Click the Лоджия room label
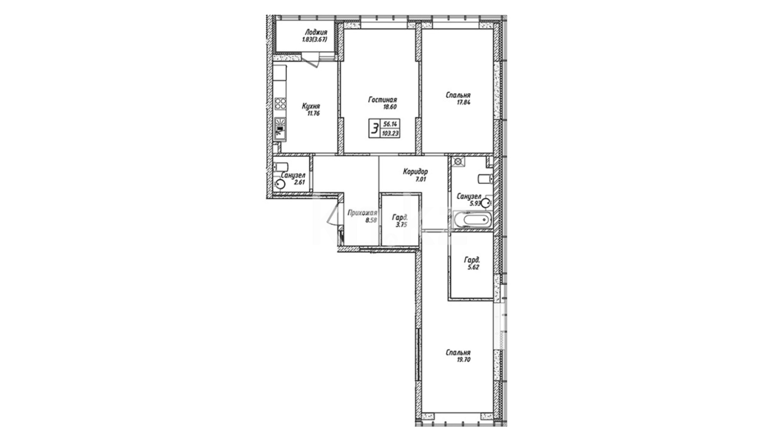(x=316, y=33)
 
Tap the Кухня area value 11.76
(x=313, y=114)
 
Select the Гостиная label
(x=383, y=100)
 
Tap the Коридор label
(x=415, y=172)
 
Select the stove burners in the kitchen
(x=280, y=103)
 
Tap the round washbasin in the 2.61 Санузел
(x=279, y=185)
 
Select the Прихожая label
(x=362, y=213)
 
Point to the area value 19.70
(x=463, y=360)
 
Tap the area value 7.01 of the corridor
(x=420, y=179)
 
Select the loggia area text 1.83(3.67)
(x=314, y=39)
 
